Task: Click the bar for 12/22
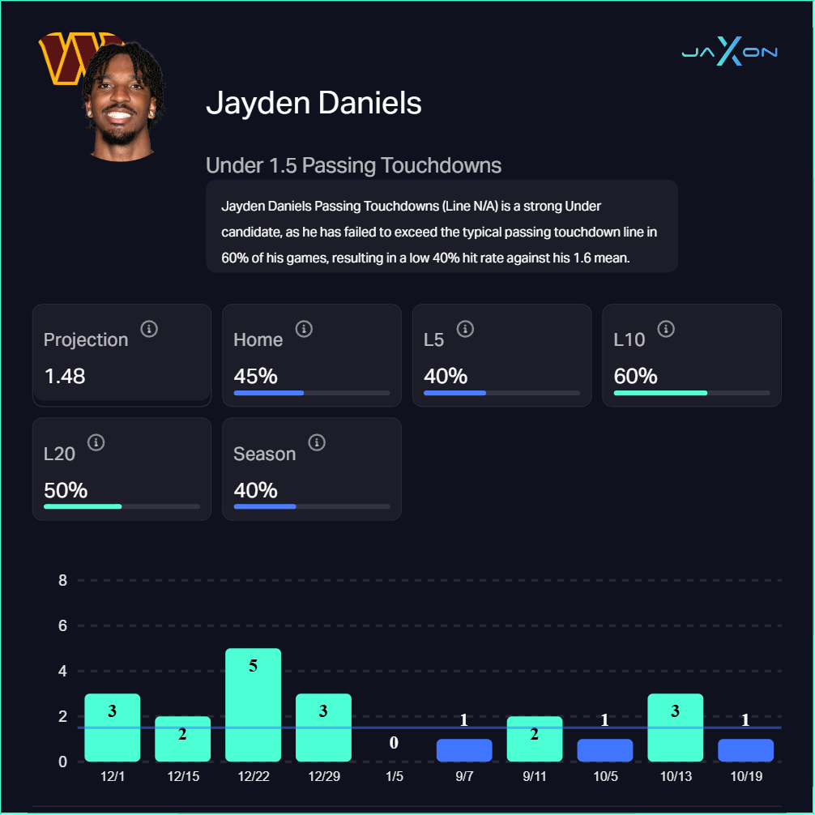pos(253,705)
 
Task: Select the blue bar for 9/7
pos(464,750)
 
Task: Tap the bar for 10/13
pos(675,728)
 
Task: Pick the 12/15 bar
pos(182,739)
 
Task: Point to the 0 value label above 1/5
pos(394,743)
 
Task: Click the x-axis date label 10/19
pos(745,776)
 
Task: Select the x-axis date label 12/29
pos(323,776)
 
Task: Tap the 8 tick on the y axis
pos(62,580)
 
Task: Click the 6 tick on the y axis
pos(62,625)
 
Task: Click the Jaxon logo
pos(729,52)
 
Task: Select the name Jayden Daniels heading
pos(314,104)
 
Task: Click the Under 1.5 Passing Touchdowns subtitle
pos(353,166)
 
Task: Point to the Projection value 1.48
pos(65,377)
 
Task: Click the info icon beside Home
pos(304,329)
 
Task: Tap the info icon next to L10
pos(666,329)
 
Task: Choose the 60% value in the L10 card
pos(635,377)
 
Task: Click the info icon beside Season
pos(318,442)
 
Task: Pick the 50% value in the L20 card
pos(66,490)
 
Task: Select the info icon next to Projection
pos(149,329)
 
